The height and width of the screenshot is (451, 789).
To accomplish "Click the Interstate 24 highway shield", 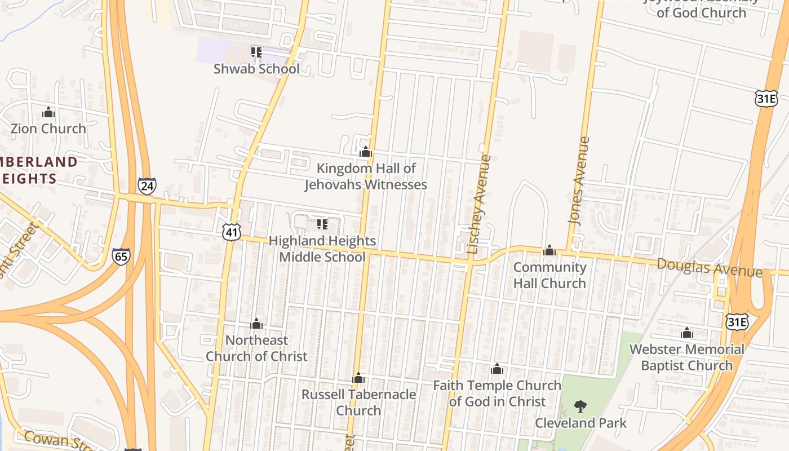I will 147,185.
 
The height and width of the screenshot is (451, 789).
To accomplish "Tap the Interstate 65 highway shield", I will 121,257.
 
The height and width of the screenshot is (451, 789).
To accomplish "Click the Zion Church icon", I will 48,113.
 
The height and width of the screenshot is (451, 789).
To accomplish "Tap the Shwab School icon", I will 256,52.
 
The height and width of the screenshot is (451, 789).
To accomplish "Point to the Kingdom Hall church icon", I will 366,152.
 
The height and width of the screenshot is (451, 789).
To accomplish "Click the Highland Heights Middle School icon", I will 322,224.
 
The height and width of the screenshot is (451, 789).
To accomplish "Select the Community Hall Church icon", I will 549,251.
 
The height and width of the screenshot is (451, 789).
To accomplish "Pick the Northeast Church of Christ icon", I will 256,324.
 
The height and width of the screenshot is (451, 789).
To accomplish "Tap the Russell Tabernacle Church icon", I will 358,378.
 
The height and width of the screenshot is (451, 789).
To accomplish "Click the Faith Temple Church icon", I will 497,369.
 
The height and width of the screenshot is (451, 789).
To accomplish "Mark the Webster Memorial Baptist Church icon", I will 686,333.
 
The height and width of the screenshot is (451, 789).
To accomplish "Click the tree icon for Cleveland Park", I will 580,406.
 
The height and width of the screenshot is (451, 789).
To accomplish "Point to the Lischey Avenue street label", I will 480,204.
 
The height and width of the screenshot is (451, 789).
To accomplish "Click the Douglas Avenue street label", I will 710,267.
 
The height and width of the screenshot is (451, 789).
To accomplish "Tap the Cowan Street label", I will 54,439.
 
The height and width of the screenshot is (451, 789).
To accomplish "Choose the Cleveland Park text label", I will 580,423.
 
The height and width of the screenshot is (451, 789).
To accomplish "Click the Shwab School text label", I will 256,69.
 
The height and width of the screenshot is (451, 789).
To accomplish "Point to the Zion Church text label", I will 48,129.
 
